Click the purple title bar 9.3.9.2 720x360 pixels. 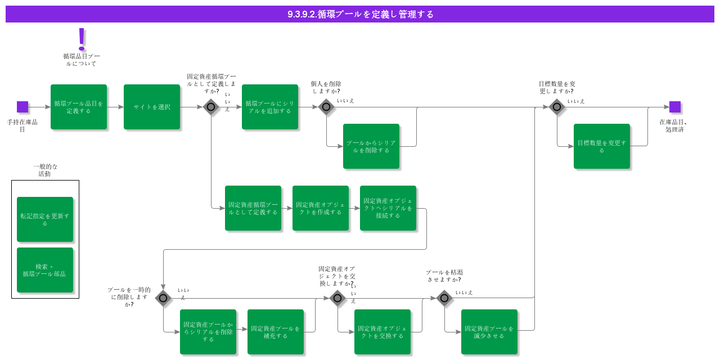tap(360, 14)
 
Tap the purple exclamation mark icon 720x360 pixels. tap(82, 39)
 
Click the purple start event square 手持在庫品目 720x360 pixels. tap(22, 107)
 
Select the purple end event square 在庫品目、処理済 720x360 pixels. tap(675, 107)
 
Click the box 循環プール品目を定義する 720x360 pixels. tap(79, 107)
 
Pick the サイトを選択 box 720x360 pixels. tap(152, 107)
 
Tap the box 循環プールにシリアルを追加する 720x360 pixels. tap(270, 107)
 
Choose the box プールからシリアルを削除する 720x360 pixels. tap(371, 146)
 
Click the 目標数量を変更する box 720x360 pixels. tap(602, 146)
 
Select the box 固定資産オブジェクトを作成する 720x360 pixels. tap(321, 208)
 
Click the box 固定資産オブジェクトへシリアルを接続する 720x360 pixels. tap(388, 208)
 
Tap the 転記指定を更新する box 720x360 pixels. tap(45, 219)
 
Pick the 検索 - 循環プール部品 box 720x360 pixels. tap(45, 270)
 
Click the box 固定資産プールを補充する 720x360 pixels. tap(276, 332)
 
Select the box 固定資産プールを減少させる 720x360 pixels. tap(489, 332)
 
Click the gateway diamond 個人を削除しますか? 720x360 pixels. tap(326, 107)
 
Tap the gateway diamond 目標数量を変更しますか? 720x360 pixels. tap(557, 107)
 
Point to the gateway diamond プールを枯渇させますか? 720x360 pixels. tap(444, 298)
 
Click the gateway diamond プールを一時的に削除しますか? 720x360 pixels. tap(163, 298)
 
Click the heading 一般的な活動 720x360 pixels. tap(45, 170)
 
